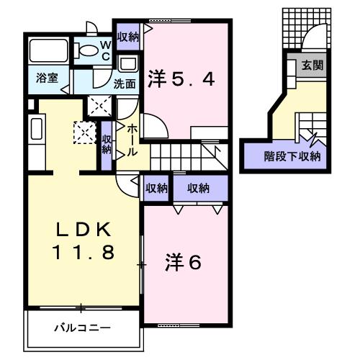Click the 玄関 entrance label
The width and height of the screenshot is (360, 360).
click(x=312, y=65)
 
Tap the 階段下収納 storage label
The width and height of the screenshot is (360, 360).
click(x=292, y=157)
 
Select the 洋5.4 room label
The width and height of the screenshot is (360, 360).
click(x=181, y=78)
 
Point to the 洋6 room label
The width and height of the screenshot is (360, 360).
click(x=184, y=263)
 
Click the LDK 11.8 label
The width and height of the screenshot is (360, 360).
click(x=84, y=240)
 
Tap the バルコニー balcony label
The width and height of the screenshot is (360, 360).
click(x=82, y=328)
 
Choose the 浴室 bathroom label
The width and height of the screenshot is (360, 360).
click(x=47, y=78)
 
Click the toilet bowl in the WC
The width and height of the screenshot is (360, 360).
click(x=86, y=50)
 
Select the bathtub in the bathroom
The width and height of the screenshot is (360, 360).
click(x=49, y=50)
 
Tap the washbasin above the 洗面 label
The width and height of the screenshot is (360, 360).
click(x=128, y=63)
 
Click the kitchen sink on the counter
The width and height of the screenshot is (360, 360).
click(x=37, y=129)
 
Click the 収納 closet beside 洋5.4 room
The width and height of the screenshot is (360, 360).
click(x=128, y=37)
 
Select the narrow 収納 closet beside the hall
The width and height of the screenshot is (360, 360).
click(x=107, y=145)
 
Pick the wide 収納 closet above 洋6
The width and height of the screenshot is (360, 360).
click(x=200, y=188)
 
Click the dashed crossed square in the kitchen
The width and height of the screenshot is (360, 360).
click(x=85, y=133)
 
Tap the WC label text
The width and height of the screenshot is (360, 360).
click(x=105, y=51)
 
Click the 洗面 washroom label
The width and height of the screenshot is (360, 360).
click(x=125, y=84)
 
